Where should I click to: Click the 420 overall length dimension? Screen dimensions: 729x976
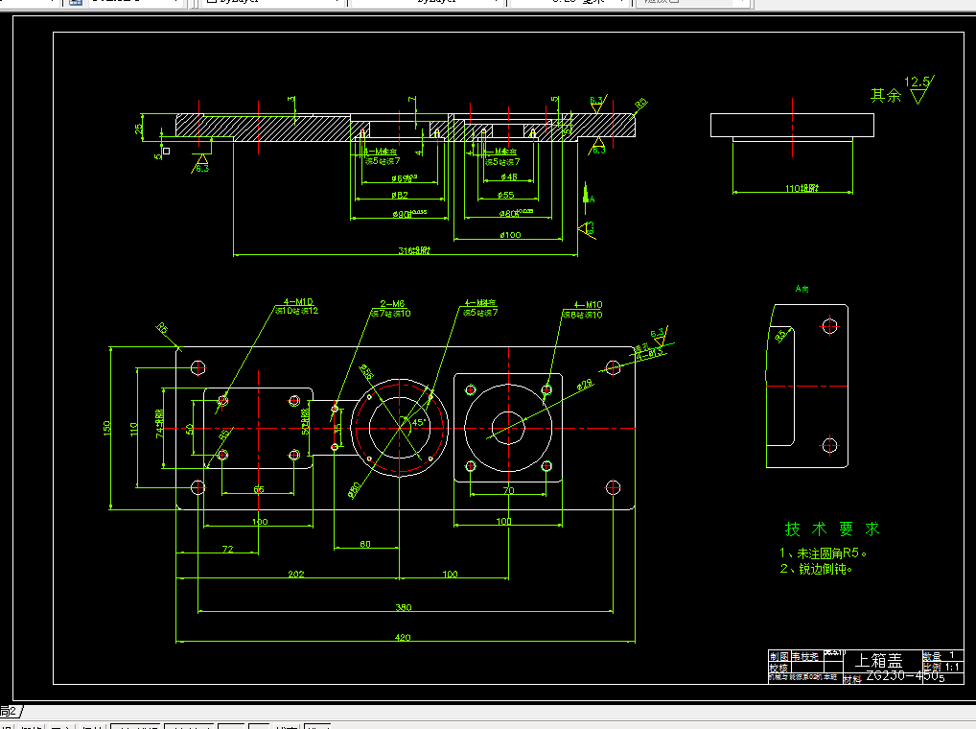coord(402,636)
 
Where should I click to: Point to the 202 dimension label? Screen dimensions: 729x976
coord(296,574)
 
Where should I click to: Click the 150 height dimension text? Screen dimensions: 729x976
coord(107,427)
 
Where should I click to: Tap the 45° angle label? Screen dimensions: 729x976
coord(419,422)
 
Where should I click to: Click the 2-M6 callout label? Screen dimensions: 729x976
coord(392,303)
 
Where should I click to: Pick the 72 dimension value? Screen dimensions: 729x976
coord(227,549)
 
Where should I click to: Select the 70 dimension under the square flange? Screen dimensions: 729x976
coord(508,490)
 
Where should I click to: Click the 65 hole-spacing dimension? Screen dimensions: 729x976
coord(259,489)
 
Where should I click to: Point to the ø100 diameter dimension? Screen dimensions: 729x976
coord(509,234)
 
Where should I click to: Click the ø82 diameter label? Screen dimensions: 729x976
coord(400,195)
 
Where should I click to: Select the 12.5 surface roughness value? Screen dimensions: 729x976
coord(918,82)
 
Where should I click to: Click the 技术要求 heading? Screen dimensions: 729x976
coord(831,529)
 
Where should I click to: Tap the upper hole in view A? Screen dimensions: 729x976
coord(829,326)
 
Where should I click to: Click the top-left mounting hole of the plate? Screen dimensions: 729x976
coord(198,366)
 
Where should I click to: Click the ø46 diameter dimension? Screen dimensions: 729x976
coord(508,176)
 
